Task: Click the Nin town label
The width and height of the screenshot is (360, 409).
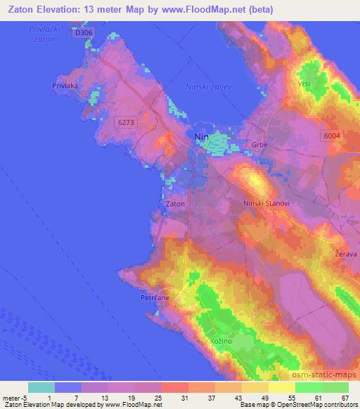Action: [200, 138]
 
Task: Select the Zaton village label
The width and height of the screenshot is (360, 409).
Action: [175, 204]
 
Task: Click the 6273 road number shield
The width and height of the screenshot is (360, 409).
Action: [126, 122]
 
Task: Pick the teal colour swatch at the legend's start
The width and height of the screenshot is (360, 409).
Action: [41, 387]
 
